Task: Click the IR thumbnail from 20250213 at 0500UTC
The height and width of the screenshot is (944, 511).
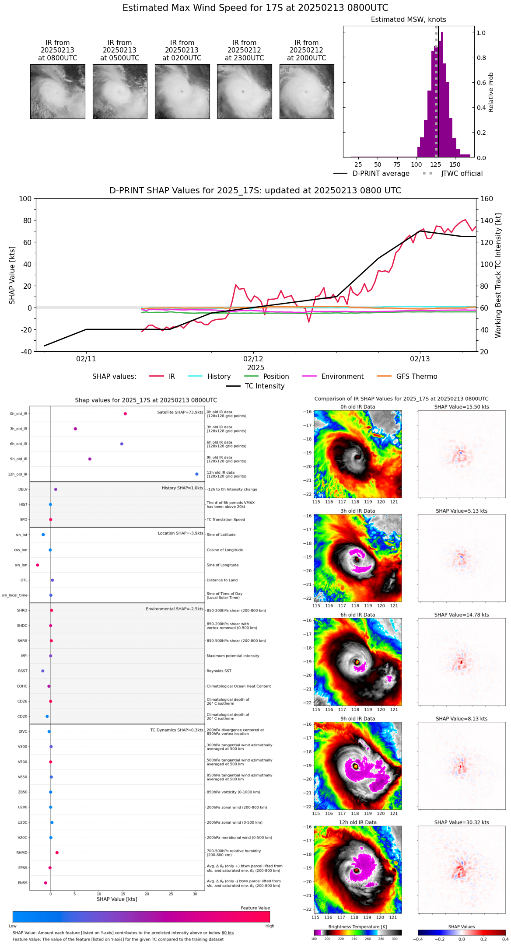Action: (x=120, y=91)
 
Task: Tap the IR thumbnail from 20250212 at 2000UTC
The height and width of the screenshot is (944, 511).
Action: (x=307, y=91)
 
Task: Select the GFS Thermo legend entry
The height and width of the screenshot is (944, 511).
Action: (x=416, y=377)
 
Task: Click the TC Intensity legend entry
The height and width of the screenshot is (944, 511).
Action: (x=264, y=386)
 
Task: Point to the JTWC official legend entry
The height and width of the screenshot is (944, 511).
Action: (x=462, y=174)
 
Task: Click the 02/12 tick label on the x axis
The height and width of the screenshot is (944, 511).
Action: (x=253, y=359)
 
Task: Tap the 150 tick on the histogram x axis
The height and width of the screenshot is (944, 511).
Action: (x=455, y=165)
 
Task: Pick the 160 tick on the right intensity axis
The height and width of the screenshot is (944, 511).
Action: (x=487, y=199)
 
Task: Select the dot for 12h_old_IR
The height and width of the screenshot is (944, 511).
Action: (x=197, y=474)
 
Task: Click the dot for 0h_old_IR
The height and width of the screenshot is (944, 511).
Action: (x=125, y=414)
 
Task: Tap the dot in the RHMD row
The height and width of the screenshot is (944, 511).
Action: (x=57, y=853)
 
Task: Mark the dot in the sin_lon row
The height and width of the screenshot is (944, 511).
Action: (x=38, y=565)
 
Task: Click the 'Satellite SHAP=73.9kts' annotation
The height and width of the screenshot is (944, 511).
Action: (x=180, y=413)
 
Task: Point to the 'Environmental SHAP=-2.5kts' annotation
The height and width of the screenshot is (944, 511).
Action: (x=174, y=609)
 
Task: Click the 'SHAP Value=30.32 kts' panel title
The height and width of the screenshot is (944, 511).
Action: (x=462, y=822)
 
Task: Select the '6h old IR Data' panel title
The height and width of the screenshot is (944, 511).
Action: (x=357, y=615)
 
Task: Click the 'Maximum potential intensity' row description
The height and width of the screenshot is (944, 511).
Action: (x=233, y=656)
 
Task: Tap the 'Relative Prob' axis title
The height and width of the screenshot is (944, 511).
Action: (x=491, y=92)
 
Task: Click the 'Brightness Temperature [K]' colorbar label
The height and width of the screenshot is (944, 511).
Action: (x=357, y=927)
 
